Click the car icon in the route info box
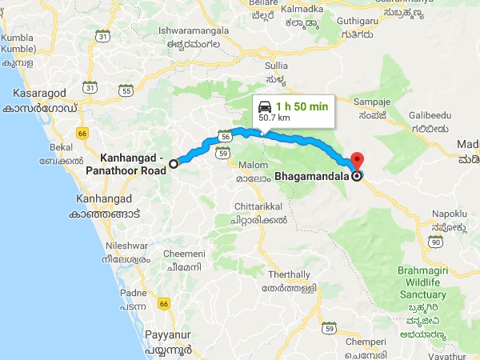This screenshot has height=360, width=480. coord(265,106)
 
